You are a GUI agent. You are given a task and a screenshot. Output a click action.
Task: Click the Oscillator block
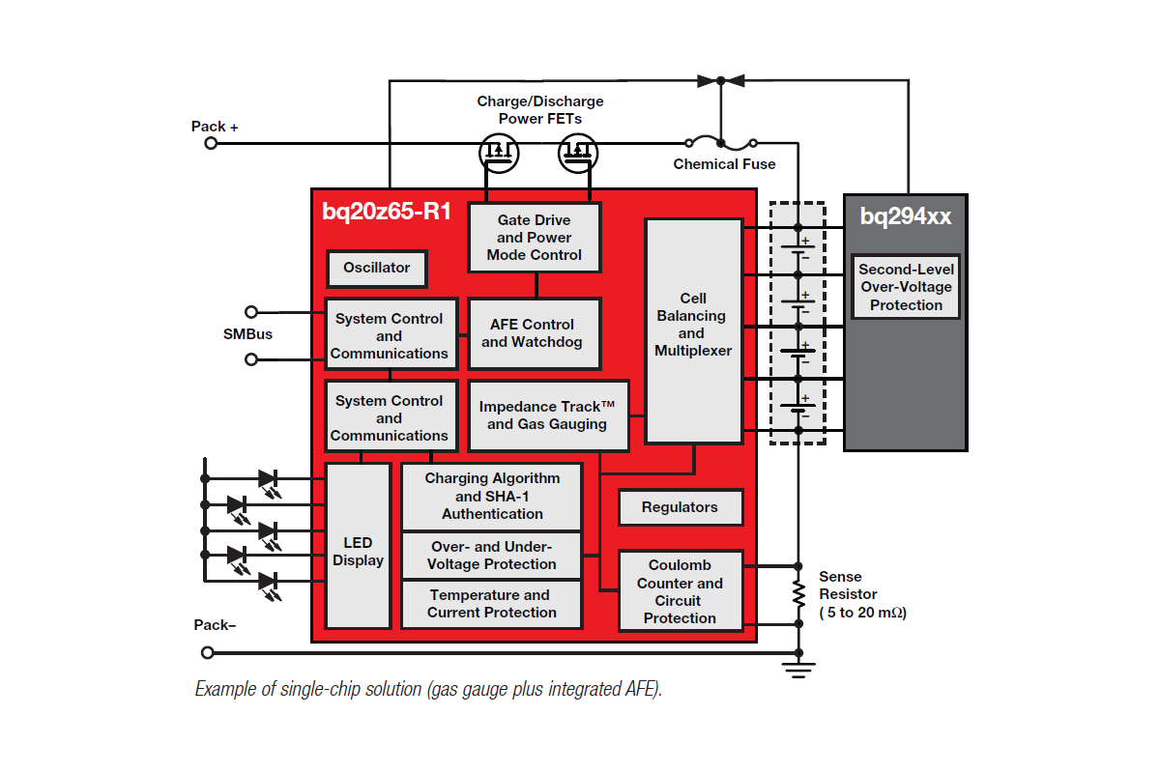pyautogui.click(x=377, y=268)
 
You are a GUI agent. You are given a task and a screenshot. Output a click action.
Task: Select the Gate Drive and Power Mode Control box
pyautogui.click(x=534, y=238)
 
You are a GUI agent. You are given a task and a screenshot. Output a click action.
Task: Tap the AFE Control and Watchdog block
pyautogui.click(x=534, y=333)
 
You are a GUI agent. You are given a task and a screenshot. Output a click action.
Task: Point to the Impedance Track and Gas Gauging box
pyautogui.click(x=547, y=415)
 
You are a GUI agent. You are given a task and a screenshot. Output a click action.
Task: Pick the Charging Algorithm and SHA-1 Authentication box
pyautogui.click(x=492, y=496)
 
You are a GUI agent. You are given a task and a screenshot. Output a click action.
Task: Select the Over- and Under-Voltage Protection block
pyautogui.click(x=492, y=556)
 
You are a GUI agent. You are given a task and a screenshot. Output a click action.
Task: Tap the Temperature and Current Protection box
pyautogui.click(x=492, y=604)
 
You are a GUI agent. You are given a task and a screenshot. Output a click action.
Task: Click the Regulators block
pyautogui.click(x=680, y=507)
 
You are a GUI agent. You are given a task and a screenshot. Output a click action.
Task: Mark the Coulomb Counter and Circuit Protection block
pyautogui.click(x=680, y=590)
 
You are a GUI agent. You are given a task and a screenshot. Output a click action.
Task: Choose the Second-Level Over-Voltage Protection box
pyautogui.click(x=906, y=287)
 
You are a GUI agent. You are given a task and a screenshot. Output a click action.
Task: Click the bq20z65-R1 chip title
pyautogui.click(x=387, y=212)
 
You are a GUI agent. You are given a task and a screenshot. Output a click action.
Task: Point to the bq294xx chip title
pyautogui.click(x=906, y=216)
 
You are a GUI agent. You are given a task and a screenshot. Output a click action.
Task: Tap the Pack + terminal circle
pyautogui.click(x=211, y=143)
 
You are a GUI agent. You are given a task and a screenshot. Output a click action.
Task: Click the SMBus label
pyautogui.click(x=247, y=334)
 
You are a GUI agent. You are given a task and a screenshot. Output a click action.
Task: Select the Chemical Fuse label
pyautogui.click(x=724, y=164)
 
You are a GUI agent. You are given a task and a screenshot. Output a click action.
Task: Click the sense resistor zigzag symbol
pyautogui.click(x=798, y=593)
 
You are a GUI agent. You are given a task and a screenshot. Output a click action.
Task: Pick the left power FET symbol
pyautogui.click(x=499, y=151)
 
